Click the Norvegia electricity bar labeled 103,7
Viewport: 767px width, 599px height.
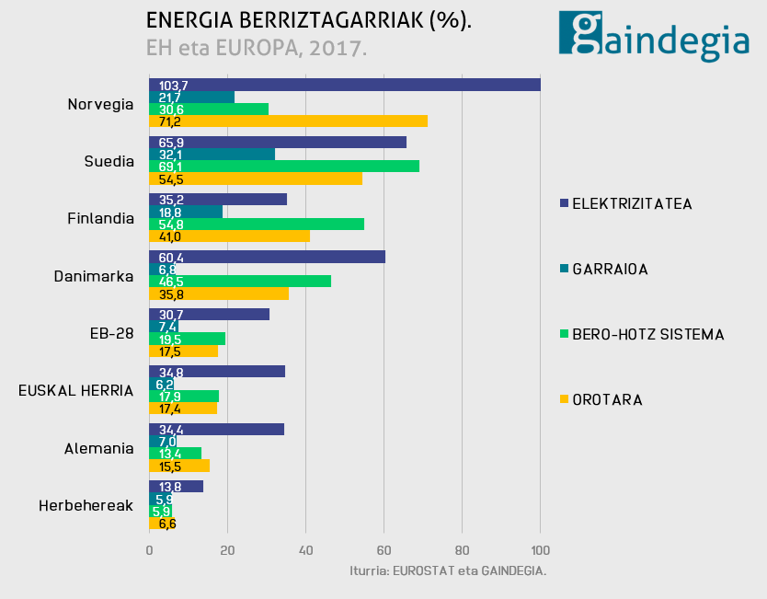click(x=345, y=85)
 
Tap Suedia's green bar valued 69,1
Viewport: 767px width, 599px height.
click(x=284, y=166)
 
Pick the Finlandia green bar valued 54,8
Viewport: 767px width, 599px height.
click(x=257, y=224)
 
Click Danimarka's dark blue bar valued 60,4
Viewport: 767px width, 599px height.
click(x=268, y=257)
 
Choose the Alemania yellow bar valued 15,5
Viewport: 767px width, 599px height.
click(x=179, y=466)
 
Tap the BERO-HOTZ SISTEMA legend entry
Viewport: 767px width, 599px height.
click(x=641, y=334)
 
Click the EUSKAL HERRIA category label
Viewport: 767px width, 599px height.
click(x=76, y=390)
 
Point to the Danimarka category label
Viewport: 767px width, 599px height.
click(x=94, y=275)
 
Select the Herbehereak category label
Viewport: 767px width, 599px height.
click(x=86, y=505)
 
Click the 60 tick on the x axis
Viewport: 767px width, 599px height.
click(x=384, y=550)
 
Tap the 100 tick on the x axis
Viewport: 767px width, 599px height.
click(x=540, y=550)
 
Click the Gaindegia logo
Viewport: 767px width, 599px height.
click(x=654, y=37)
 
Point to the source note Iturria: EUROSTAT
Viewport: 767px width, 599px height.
click(x=448, y=571)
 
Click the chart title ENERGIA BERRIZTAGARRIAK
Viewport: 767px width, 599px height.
click(x=309, y=21)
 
